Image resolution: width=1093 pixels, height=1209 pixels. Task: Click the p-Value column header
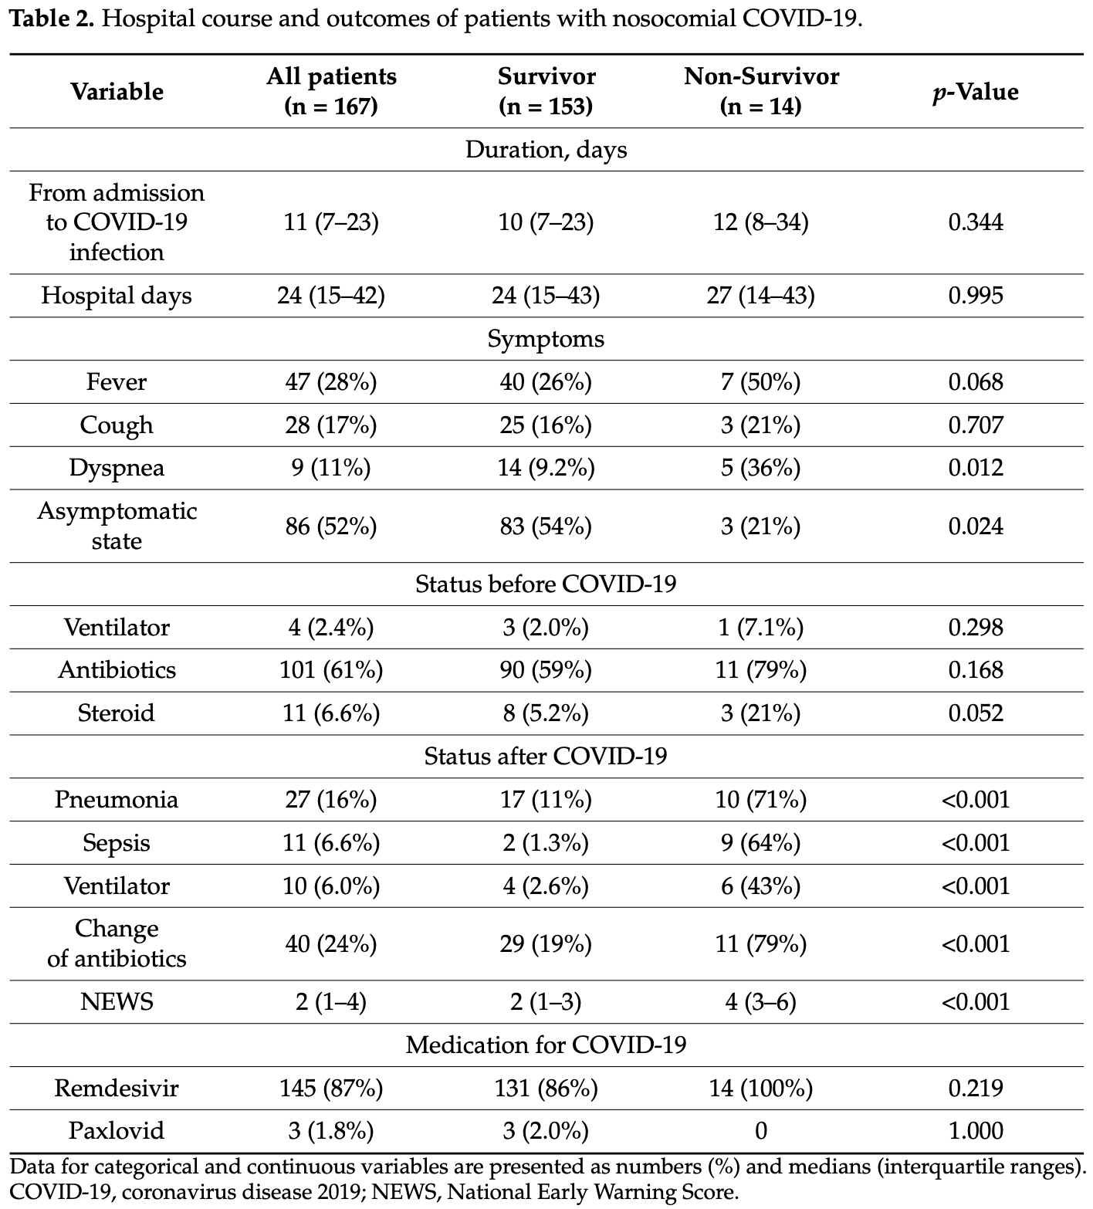(x=975, y=92)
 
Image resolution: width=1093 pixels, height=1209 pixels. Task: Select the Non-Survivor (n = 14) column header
(x=761, y=91)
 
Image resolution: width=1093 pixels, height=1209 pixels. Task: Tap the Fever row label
(x=117, y=381)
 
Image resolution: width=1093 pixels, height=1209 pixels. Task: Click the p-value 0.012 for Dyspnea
(x=976, y=468)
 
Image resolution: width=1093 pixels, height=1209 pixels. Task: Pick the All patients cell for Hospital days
(x=331, y=296)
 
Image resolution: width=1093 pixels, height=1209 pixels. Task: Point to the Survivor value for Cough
(x=546, y=425)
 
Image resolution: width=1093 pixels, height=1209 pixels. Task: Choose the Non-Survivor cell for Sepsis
(x=761, y=842)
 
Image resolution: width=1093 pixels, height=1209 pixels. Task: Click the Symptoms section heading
(x=546, y=339)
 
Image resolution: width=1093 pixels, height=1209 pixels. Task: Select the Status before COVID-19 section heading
(x=546, y=584)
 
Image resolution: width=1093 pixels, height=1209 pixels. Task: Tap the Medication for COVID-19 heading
(x=546, y=1045)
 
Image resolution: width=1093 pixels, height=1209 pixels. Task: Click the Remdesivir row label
(x=117, y=1088)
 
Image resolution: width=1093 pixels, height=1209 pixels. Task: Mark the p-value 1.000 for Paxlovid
(x=976, y=1131)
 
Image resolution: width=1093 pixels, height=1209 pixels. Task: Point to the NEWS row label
(x=117, y=1002)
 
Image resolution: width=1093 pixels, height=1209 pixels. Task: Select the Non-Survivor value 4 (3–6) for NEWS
(x=761, y=1002)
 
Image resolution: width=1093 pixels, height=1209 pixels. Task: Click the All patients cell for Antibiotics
(x=331, y=669)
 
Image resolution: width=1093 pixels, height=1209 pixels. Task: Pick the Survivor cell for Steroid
(x=546, y=713)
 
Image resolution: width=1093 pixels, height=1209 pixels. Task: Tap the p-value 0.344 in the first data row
(x=976, y=222)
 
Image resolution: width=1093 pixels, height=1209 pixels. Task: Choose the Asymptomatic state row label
(x=117, y=526)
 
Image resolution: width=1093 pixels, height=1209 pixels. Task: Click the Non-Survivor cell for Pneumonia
(x=761, y=799)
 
